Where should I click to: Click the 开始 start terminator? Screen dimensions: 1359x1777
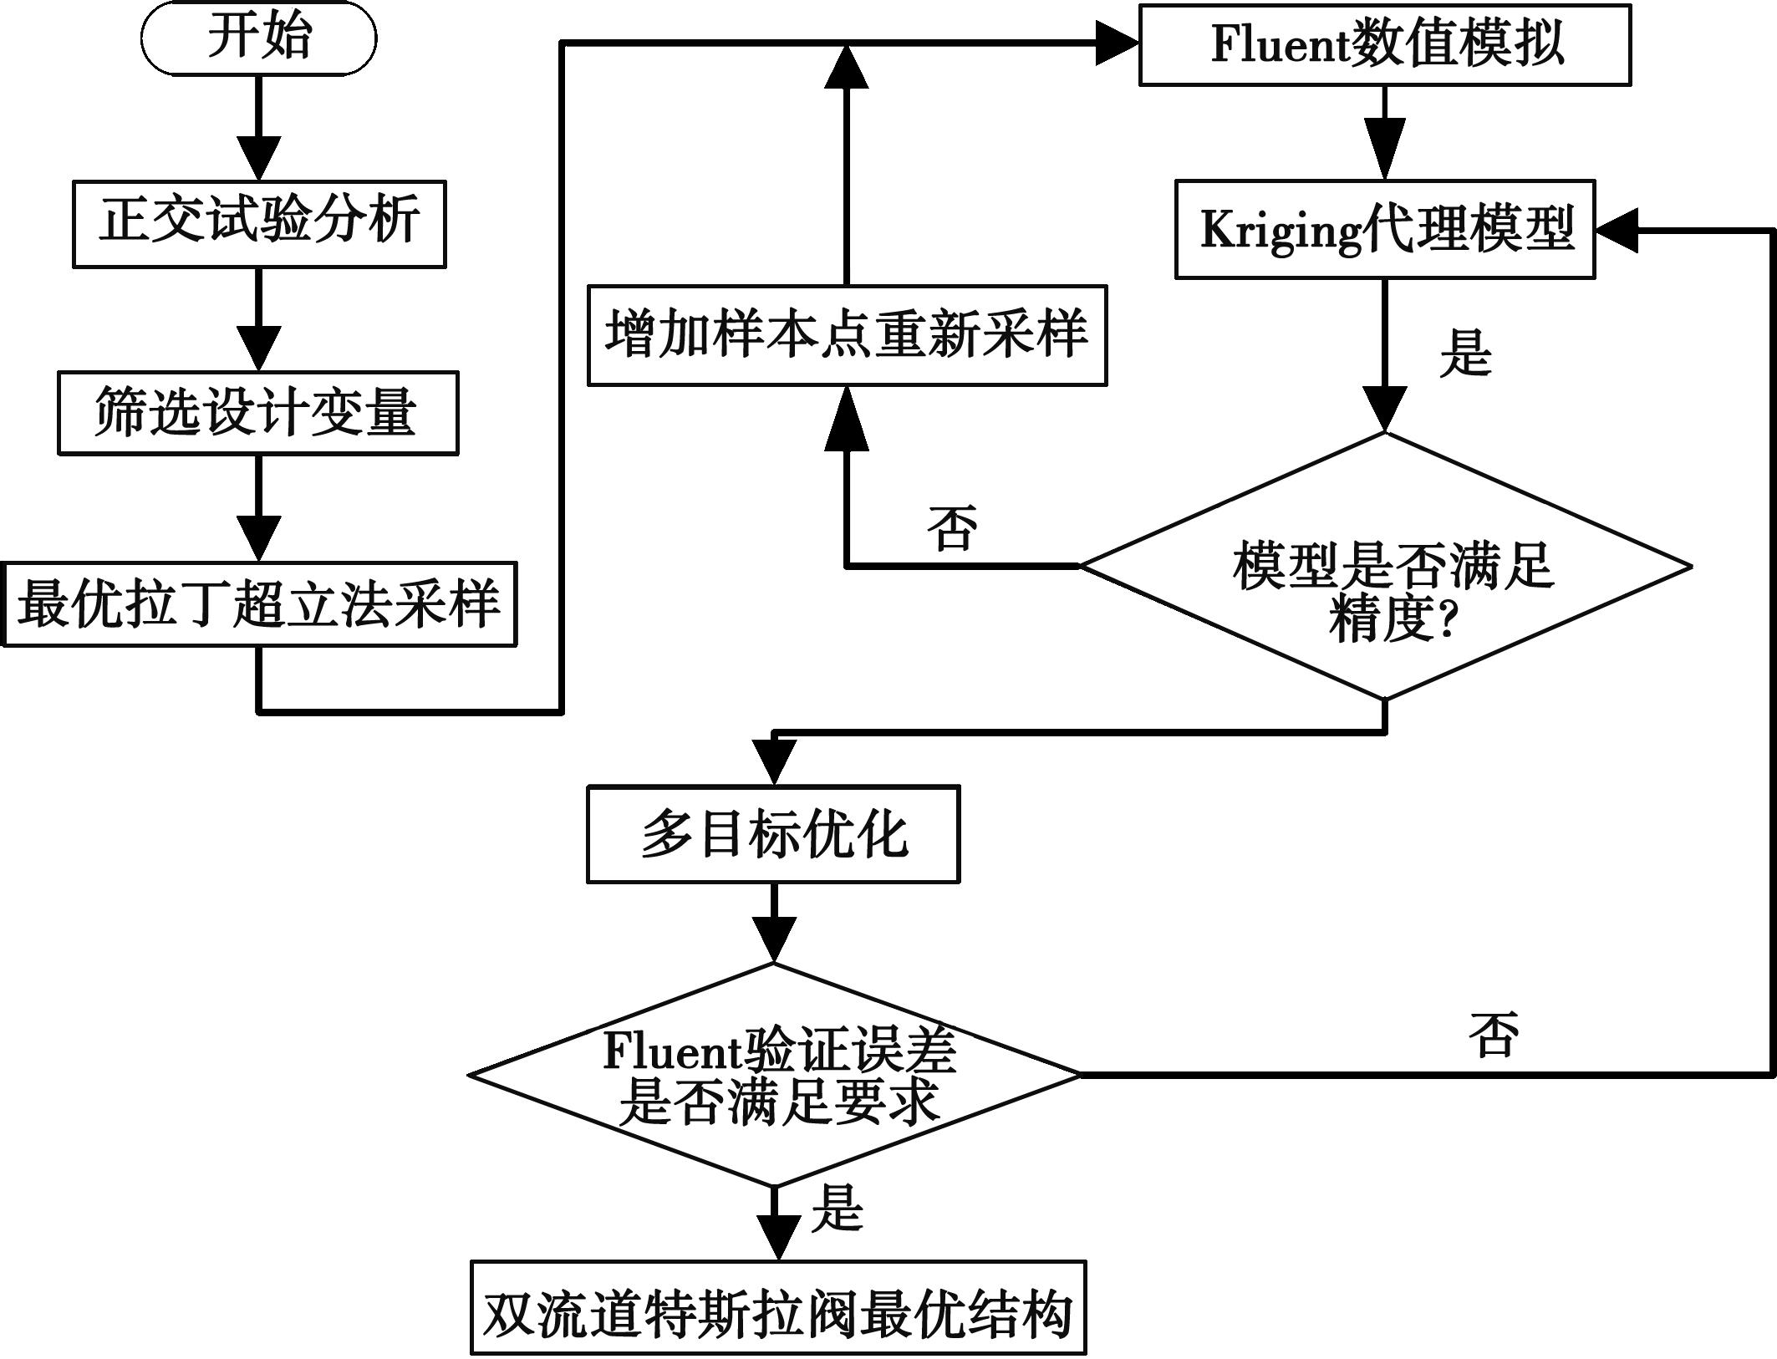[x=258, y=38]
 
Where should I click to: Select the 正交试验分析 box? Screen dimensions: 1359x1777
[x=259, y=224]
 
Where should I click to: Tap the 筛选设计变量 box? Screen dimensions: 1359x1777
[x=257, y=413]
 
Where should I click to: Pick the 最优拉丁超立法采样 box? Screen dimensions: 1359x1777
[x=258, y=603]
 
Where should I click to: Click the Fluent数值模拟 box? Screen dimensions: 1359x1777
[x=1385, y=45]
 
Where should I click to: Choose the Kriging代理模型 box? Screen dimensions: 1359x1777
[x=1385, y=229]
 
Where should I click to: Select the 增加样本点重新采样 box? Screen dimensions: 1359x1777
[x=847, y=335]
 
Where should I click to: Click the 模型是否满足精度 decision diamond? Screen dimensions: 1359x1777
[x=1386, y=567]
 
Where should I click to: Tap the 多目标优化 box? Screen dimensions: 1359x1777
[x=773, y=833]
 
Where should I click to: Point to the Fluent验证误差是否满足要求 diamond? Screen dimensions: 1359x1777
[x=775, y=1074]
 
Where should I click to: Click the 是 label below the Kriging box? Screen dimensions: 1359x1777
[x=1465, y=354]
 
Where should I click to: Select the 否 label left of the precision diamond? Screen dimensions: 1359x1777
[x=952, y=528]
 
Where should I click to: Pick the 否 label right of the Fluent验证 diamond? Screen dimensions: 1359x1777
[x=1494, y=1035]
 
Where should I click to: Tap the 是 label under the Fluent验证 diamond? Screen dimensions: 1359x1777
[x=837, y=1208]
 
